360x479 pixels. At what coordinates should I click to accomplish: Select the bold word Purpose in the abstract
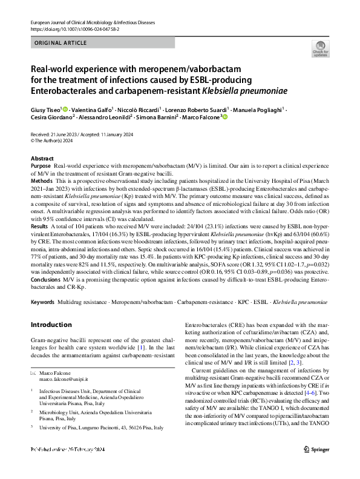[41, 165]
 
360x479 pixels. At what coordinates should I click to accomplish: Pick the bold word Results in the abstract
[41, 225]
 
